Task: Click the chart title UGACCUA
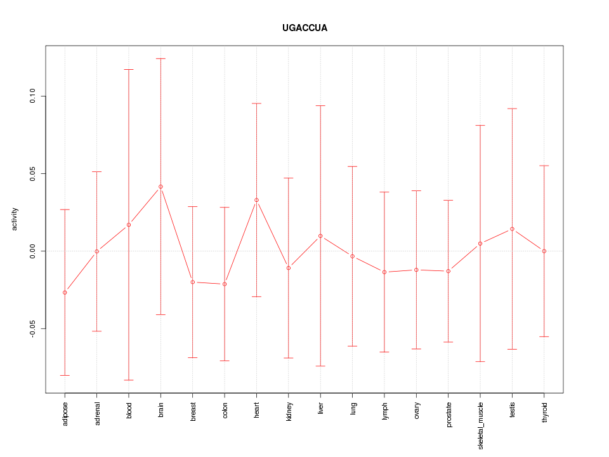click(304, 28)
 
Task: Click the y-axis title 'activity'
click(15, 219)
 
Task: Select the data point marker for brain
click(160, 187)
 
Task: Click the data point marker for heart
click(256, 200)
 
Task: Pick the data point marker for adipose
click(65, 292)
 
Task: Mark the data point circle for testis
click(512, 228)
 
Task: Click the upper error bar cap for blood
click(129, 69)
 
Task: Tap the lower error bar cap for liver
click(320, 366)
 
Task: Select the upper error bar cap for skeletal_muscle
click(480, 126)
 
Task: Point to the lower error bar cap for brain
click(160, 315)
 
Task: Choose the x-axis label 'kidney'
click(289, 411)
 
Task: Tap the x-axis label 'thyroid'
click(544, 411)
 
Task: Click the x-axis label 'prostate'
click(449, 414)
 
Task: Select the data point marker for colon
click(225, 284)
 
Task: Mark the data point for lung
click(352, 256)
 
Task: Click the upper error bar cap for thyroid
click(544, 166)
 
